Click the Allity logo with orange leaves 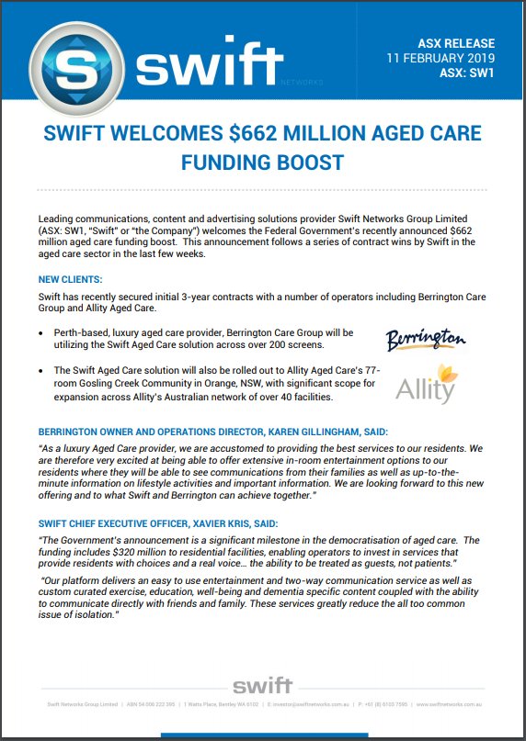point(425,384)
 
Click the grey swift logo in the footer point(262,686)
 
